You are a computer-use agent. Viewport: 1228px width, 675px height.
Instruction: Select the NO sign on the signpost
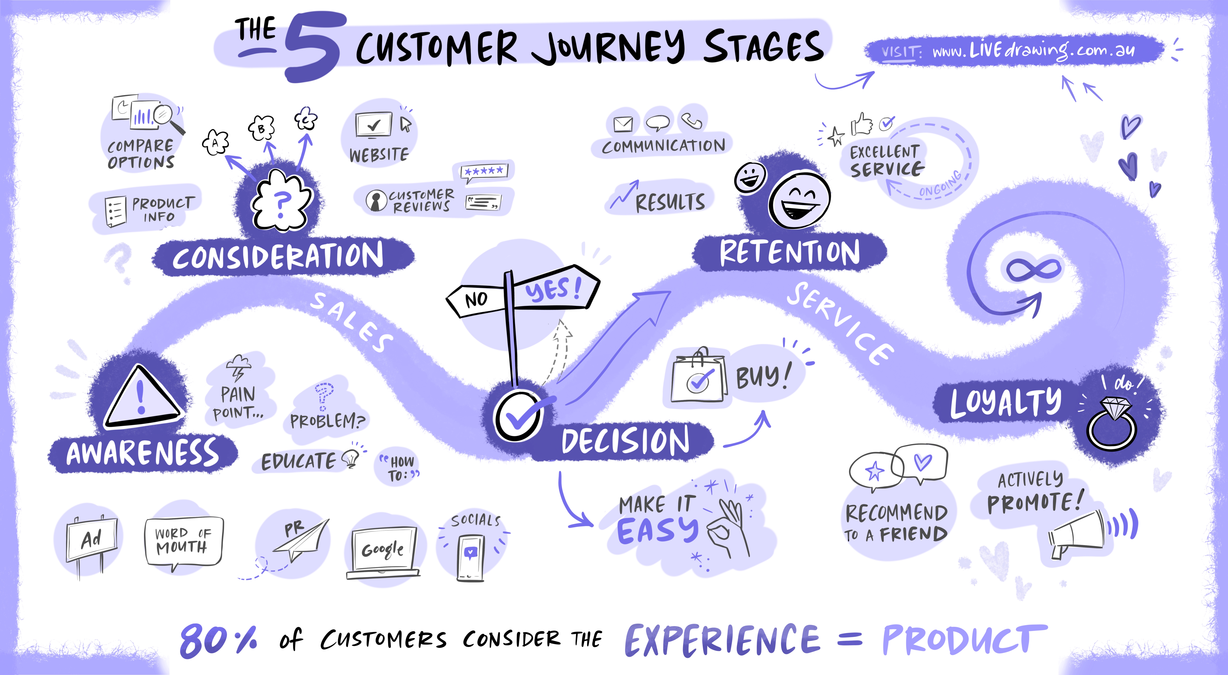point(476,299)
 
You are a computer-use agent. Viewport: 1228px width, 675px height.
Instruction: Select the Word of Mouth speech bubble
point(183,541)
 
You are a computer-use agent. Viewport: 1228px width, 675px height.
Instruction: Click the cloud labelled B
point(261,128)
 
